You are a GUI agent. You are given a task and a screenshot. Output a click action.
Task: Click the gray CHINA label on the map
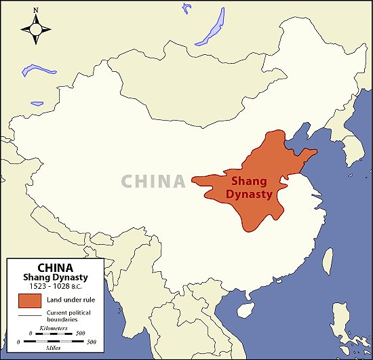[153, 181]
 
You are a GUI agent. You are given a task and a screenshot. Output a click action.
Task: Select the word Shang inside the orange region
[250, 181]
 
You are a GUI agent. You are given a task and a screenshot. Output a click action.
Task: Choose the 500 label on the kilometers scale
[80, 333]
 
